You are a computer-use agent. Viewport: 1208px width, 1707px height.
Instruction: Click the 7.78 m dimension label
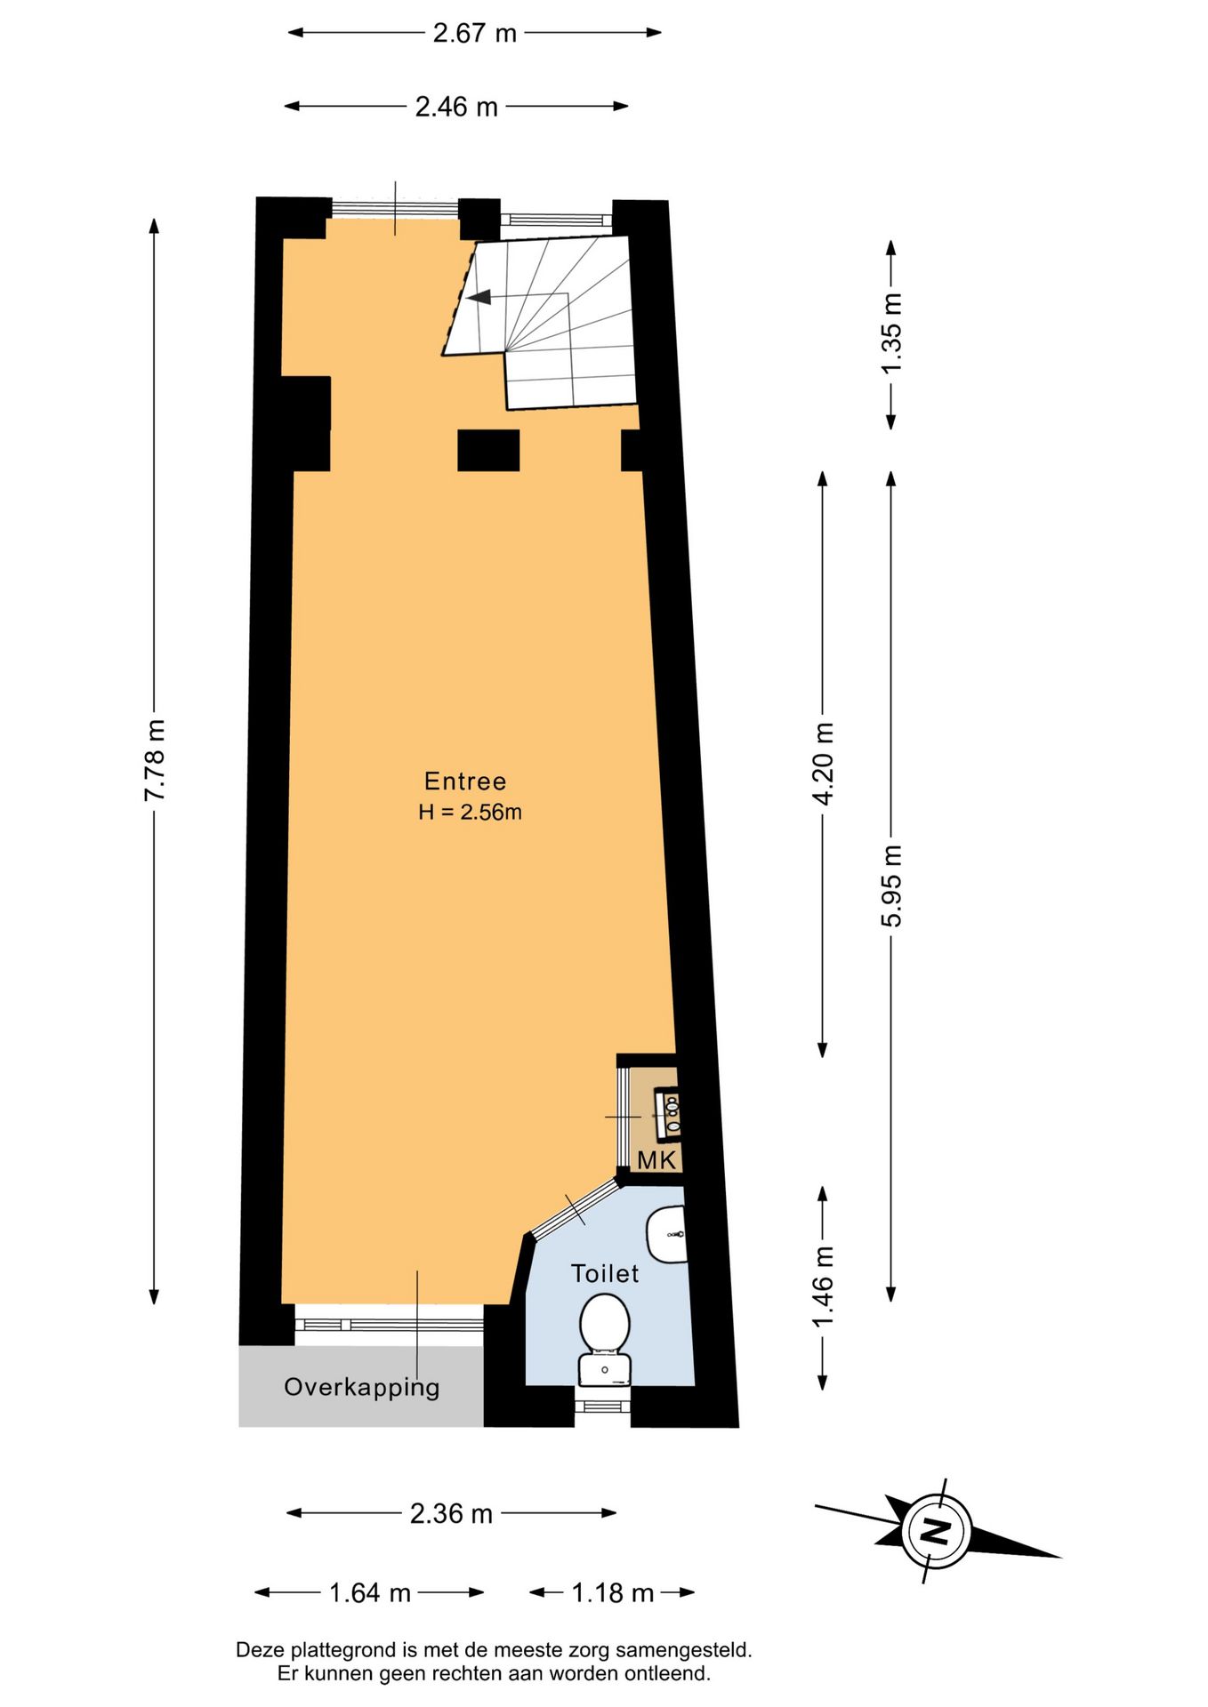[155, 760]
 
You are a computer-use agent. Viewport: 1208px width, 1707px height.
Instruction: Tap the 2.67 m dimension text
[474, 33]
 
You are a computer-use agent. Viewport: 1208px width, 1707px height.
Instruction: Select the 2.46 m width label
[456, 107]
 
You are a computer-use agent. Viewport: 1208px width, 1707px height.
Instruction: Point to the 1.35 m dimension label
[891, 333]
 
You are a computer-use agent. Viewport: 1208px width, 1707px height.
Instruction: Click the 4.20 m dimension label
[824, 764]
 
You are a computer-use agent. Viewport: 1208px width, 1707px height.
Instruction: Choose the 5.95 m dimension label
[891, 886]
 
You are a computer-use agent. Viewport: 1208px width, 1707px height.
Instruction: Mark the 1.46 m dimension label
[824, 1286]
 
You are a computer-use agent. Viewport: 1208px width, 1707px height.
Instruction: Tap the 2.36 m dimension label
[451, 1513]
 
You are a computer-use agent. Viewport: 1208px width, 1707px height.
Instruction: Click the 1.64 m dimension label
[370, 1592]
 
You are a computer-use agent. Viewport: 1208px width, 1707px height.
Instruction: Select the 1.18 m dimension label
[612, 1592]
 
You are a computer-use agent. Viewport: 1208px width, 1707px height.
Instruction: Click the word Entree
[465, 781]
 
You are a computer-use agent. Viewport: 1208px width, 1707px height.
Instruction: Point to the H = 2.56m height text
[470, 812]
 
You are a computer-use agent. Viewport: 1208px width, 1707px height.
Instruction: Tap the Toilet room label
[605, 1274]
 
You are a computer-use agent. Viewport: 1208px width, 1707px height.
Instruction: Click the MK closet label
[656, 1160]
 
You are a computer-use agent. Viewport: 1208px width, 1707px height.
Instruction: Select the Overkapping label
[362, 1388]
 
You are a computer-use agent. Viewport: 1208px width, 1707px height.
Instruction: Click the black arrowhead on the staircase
[479, 296]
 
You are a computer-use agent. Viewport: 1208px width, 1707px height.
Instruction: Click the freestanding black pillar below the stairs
[488, 450]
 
